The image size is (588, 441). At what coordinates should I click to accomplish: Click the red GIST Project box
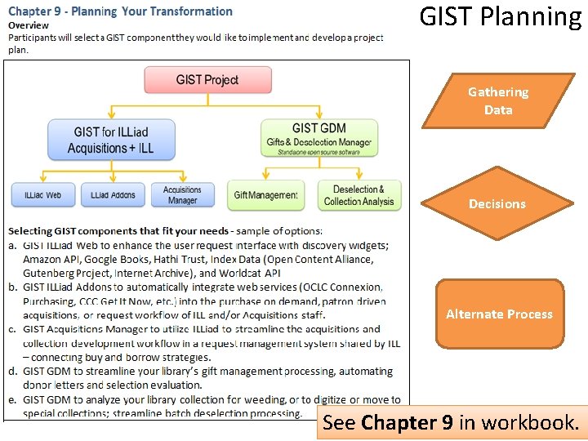pyautogui.click(x=207, y=80)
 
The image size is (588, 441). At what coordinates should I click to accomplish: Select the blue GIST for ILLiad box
pyautogui.click(x=110, y=140)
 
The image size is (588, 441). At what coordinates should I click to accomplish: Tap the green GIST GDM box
pyautogui.click(x=319, y=137)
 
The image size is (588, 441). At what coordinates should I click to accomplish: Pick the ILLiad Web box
pyautogui.click(x=42, y=195)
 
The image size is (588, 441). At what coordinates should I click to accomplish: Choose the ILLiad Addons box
pyautogui.click(x=113, y=195)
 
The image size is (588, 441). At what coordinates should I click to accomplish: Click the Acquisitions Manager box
pyautogui.click(x=182, y=195)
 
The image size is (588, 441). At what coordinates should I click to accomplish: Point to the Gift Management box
pyautogui.click(x=265, y=195)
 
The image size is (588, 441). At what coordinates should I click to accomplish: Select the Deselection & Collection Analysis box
pyautogui.click(x=359, y=195)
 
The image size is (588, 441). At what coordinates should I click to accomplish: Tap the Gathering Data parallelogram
pyautogui.click(x=498, y=101)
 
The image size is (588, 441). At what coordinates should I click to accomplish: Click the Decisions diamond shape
pyautogui.click(x=497, y=203)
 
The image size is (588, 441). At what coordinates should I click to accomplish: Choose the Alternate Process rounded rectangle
pyautogui.click(x=499, y=314)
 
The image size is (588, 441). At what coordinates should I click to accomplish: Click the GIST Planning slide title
pyautogui.click(x=500, y=16)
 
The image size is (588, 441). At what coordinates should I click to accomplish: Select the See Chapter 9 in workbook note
pyautogui.click(x=451, y=423)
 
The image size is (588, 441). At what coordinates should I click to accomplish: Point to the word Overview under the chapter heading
pyautogui.click(x=29, y=25)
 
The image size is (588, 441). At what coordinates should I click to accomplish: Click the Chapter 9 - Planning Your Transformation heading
pyautogui.click(x=121, y=11)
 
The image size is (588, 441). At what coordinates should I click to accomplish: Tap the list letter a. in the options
pyautogui.click(x=12, y=245)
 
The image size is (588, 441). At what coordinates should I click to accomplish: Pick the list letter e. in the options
pyautogui.click(x=12, y=399)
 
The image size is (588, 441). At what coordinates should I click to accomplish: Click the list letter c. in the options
pyautogui.click(x=12, y=329)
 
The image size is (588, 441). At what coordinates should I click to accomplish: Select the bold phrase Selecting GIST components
pyautogui.click(x=75, y=231)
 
